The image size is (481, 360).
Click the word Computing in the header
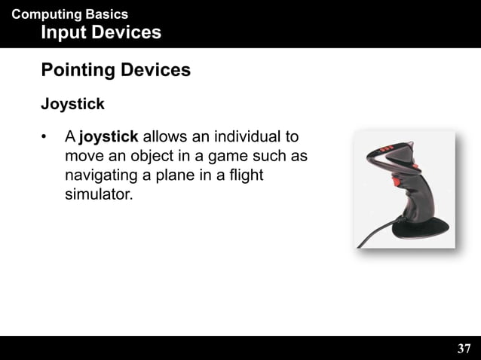(x=45, y=14)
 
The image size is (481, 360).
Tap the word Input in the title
(x=64, y=32)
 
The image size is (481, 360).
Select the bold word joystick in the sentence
(x=108, y=139)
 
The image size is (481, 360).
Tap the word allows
(x=166, y=139)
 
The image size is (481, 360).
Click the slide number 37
(x=464, y=349)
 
